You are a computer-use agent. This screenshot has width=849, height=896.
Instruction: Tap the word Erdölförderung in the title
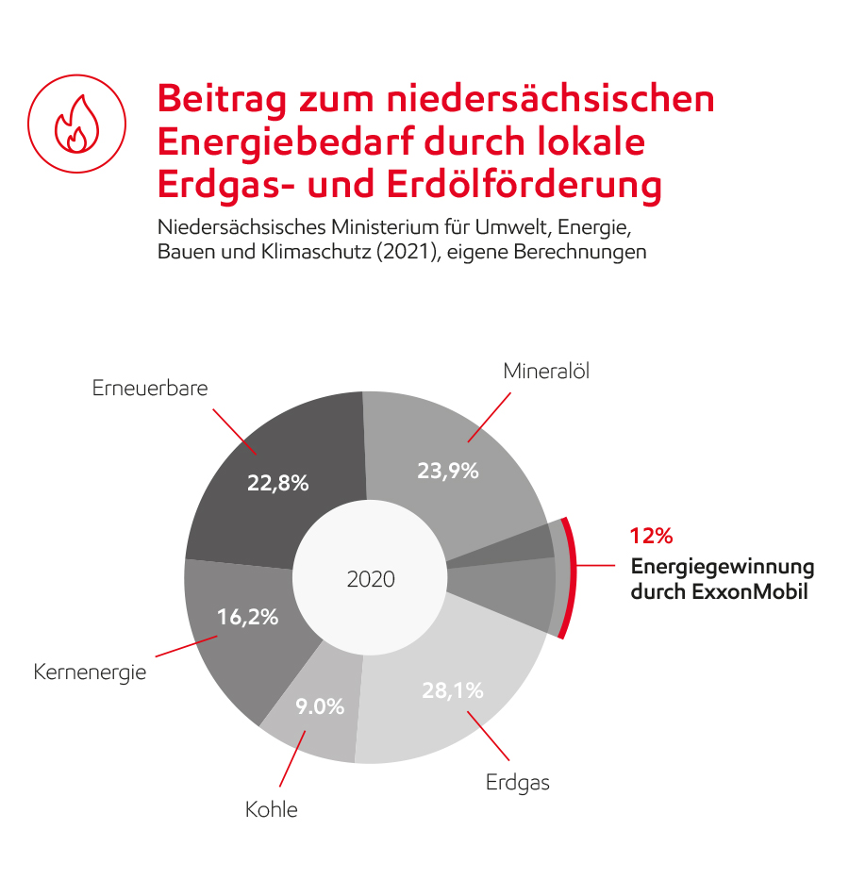[x=524, y=185]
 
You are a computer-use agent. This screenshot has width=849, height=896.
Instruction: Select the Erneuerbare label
[x=150, y=388]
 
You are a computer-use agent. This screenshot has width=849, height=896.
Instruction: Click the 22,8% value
[x=278, y=483]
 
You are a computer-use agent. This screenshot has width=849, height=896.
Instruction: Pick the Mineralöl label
[x=546, y=371]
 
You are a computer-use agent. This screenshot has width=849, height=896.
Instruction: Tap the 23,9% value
[x=448, y=471]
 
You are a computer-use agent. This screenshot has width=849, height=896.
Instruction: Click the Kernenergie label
[x=90, y=673]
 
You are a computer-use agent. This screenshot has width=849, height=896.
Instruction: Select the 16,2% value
[x=248, y=618]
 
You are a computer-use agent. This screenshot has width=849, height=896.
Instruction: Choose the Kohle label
[x=272, y=809]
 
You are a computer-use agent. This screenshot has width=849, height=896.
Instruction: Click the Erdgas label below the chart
[x=518, y=782]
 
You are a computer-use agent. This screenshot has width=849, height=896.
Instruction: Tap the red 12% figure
[x=651, y=537]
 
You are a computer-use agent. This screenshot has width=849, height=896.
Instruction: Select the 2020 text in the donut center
[x=371, y=579]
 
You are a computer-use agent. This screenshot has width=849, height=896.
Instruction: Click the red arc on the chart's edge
[x=570, y=577]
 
